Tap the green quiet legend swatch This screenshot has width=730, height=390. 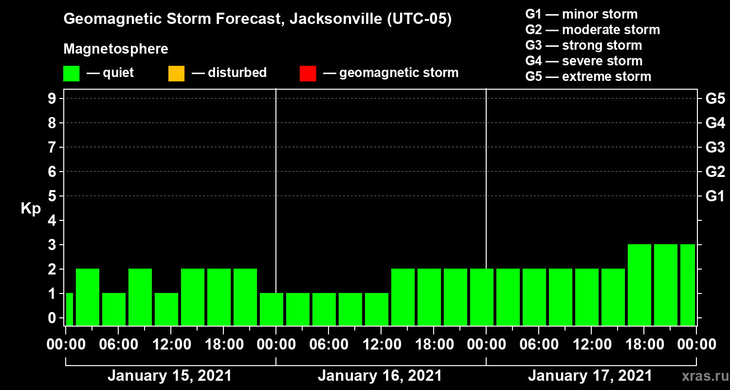pos(71,74)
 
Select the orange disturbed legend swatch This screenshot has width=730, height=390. pos(176,74)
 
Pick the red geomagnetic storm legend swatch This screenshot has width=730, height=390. pos(308,74)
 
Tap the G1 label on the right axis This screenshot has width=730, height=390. pos(715,196)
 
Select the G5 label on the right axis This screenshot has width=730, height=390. pos(715,99)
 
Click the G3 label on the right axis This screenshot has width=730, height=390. pos(715,148)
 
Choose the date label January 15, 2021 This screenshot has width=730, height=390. pos(169,376)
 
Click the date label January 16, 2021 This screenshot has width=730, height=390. pos(380,376)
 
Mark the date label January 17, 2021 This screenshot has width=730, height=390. pos(590,376)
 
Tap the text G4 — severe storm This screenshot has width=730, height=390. pos(584,61)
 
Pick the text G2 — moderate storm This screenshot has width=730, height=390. pos(592,30)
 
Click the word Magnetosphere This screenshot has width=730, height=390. pos(116,49)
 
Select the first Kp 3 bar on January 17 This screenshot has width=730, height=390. pos(639,285)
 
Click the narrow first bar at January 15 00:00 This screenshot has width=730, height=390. pos(69,309)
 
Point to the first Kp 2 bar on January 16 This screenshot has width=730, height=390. pos(403,297)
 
